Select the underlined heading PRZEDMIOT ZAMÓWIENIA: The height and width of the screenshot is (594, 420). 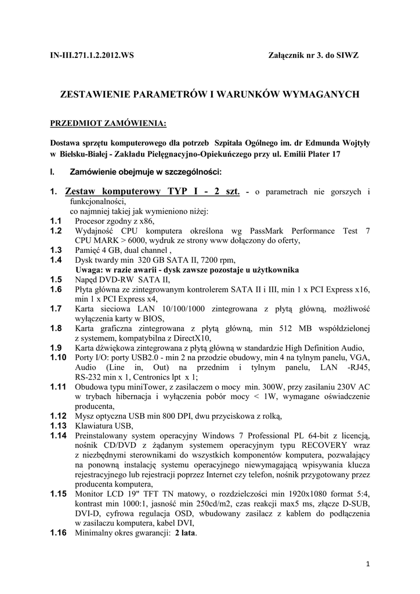108,124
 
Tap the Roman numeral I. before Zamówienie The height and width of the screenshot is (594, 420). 53,172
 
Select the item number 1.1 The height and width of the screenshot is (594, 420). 56,222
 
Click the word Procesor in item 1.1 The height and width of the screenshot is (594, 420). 92,222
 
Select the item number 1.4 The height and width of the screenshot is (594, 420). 56,260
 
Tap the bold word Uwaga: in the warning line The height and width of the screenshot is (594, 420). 90,270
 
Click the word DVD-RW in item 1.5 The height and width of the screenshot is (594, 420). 115,279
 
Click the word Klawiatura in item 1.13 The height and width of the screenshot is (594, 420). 93,425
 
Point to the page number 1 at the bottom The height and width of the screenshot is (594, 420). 368,564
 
